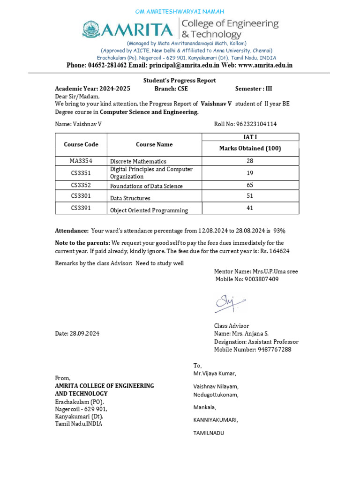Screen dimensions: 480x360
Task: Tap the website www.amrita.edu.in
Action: pyautogui.click(x=265, y=65)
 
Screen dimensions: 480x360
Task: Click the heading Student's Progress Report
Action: pyautogui.click(x=180, y=80)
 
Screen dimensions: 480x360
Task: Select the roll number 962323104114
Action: pyautogui.click(x=256, y=124)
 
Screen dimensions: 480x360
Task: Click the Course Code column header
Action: pyautogui.click(x=81, y=144)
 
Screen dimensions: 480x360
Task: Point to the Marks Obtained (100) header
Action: pyautogui.click(x=250, y=149)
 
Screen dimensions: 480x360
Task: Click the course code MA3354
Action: pyautogui.click(x=81, y=161)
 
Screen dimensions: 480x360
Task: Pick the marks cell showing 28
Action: pyautogui.click(x=250, y=161)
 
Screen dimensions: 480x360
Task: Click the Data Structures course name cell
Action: pyautogui.click(x=130, y=198)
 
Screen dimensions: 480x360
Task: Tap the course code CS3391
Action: pyautogui.click(x=81, y=208)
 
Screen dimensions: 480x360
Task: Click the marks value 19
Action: pyautogui.click(x=250, y=173)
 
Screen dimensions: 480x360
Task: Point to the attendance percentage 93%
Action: pyautogui.click(x=279, y=231)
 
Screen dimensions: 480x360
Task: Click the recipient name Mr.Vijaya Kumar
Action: pyautogui.click(x=215, y=374)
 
